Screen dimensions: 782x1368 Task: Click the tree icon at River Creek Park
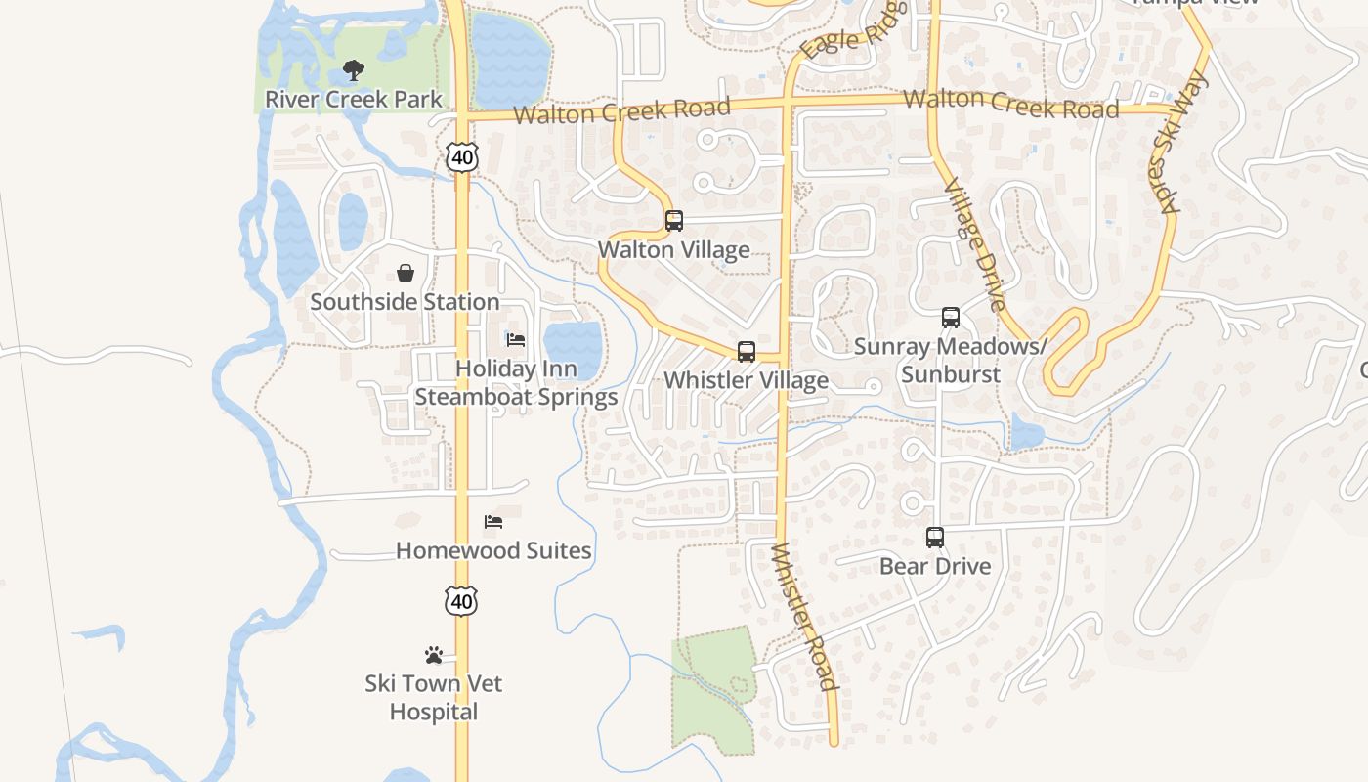354,70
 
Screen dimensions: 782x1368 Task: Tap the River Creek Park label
354,100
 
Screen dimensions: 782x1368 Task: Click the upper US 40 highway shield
462,157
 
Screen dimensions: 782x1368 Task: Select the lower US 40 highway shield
461,601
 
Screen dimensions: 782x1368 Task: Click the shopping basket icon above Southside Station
406,273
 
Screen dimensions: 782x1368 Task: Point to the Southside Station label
405,302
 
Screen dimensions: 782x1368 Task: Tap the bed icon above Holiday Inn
516,340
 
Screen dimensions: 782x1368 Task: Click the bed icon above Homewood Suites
493,522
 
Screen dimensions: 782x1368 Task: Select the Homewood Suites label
493,551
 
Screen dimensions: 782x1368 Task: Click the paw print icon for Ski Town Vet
434,654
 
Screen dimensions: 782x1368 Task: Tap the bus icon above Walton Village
674,221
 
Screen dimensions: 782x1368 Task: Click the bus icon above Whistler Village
747,352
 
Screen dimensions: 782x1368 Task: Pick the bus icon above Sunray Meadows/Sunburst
951,318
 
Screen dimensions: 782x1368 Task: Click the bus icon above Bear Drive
935,538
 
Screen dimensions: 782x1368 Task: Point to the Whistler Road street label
804,618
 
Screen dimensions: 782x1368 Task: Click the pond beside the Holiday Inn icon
573,345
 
